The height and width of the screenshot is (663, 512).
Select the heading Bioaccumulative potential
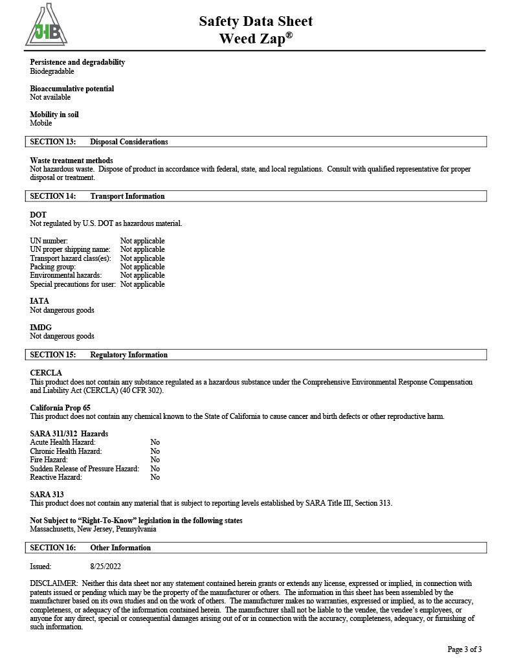click(72, 89)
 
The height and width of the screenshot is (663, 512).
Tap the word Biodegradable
click(52, 71)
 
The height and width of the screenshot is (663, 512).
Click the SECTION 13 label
click(53, 142)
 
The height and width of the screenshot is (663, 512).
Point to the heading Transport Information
click(128, 196)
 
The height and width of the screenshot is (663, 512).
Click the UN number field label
click(49, 241)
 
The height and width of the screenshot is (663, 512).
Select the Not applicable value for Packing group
click(142, 267)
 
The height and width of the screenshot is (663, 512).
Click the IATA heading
click(39, 301)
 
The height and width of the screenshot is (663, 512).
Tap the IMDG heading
click(41, 328)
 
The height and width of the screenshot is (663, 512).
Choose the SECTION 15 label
click(53, 355)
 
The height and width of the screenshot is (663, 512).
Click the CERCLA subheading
click(46, 373)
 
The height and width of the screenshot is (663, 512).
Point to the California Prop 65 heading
click(60, 408)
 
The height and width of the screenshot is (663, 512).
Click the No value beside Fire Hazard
click(155, 460)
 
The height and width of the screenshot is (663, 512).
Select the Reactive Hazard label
click(56, 477)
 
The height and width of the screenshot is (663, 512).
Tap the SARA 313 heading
click(47, 495)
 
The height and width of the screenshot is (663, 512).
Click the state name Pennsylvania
click(136, 529)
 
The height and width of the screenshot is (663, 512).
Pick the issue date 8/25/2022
click(107, 566)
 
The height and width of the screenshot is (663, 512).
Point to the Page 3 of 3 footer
click(464, 649)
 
